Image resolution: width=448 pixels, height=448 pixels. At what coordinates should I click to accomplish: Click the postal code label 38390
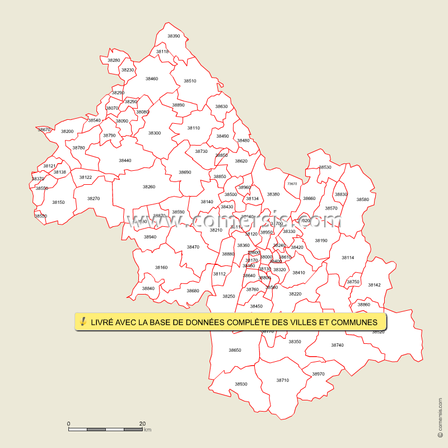click(174, 36)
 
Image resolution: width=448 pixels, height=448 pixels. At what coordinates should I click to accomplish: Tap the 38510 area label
click(190, 81)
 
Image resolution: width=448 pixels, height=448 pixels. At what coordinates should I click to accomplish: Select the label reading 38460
click(152, 78)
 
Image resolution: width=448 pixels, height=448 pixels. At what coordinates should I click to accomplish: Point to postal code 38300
click(155, 133)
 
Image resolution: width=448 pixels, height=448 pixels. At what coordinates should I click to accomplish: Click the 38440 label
click(125, 160)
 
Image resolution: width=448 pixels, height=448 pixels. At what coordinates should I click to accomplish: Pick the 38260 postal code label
click(149, 186)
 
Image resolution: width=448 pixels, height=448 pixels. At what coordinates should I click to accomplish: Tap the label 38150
click(58, 202)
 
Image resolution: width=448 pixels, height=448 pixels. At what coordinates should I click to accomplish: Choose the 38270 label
click(94, 198)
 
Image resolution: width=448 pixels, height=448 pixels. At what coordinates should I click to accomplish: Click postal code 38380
click(273, 194)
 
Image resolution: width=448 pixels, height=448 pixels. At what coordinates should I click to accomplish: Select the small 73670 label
click(292, 184)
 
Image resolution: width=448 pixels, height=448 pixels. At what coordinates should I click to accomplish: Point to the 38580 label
click(363, 199)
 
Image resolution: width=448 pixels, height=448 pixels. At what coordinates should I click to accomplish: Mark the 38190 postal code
click(321, 240)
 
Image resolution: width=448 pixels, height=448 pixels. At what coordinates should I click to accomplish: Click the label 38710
click(283, 380)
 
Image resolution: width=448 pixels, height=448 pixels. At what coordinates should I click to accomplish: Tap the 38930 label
click(241, 384)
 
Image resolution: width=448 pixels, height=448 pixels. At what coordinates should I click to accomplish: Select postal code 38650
click(235, 350)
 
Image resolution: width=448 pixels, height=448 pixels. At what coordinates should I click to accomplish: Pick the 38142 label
click(374, 284)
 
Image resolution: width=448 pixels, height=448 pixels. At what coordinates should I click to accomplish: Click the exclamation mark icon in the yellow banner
click(83, 321)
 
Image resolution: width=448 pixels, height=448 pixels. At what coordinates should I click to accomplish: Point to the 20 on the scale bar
click(142, 423)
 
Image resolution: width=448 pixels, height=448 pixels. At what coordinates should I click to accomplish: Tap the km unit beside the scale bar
click(148, 430)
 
